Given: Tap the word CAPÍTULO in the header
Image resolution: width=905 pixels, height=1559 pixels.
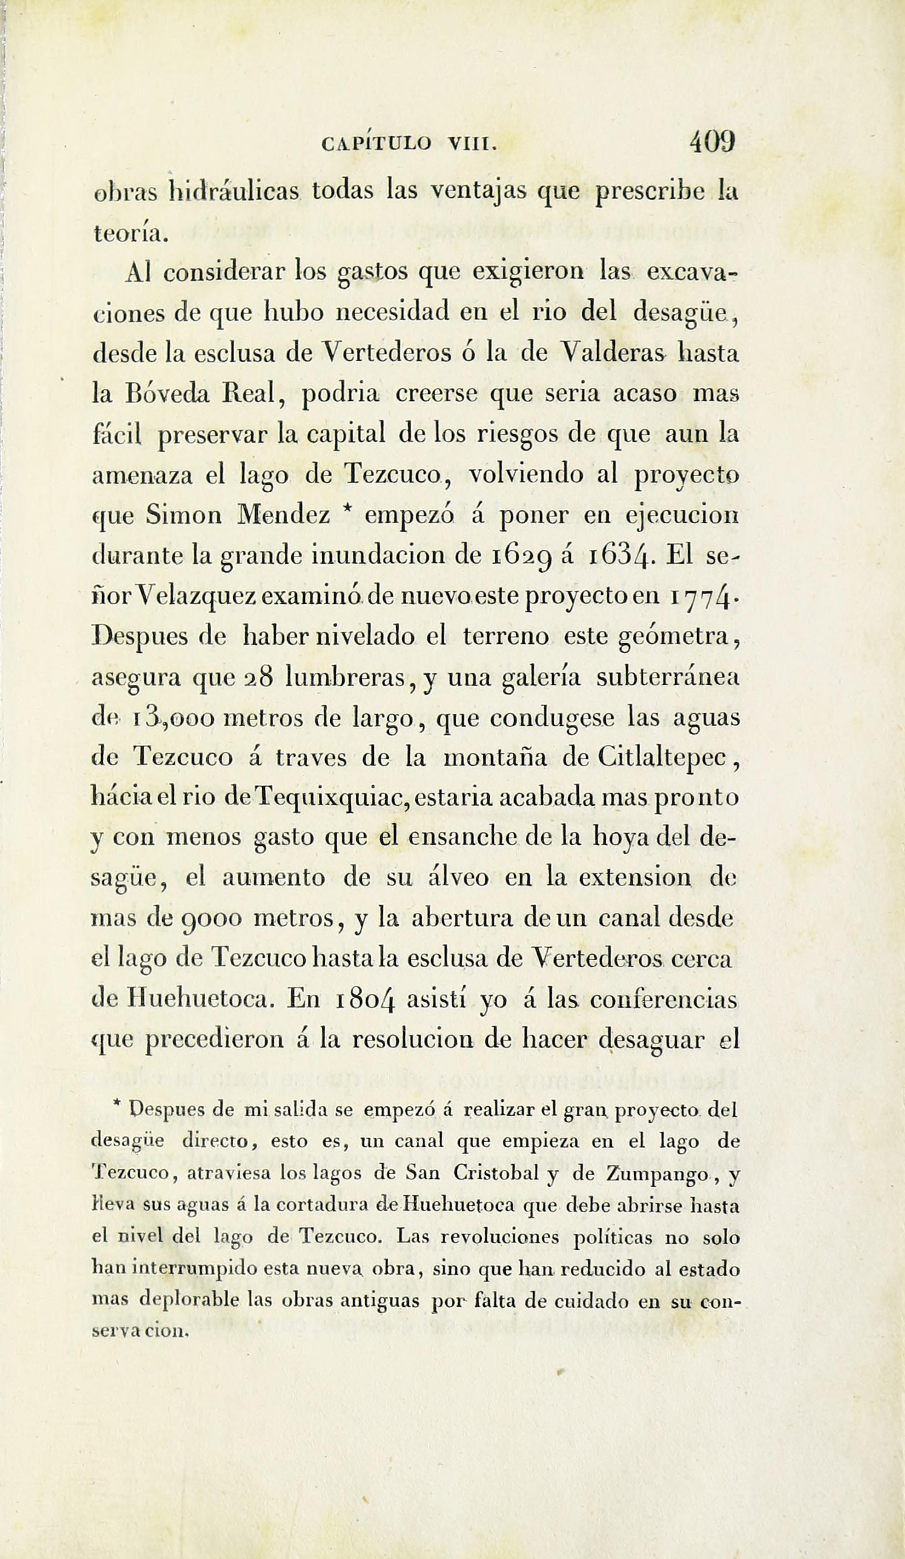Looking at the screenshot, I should (x=377, y=144).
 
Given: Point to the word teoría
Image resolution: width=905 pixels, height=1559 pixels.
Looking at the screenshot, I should (x=130, y=232).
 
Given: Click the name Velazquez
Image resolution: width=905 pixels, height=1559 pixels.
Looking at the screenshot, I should (x=195, y=597).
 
